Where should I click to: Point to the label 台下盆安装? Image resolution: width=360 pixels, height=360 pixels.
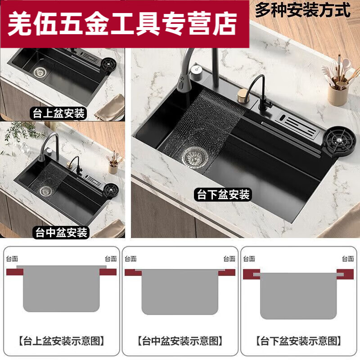tap(223, 195)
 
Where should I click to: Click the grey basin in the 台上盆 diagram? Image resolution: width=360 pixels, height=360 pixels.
tap(61, 288)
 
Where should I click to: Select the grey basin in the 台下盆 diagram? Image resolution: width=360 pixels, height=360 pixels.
tap(298, 295)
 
